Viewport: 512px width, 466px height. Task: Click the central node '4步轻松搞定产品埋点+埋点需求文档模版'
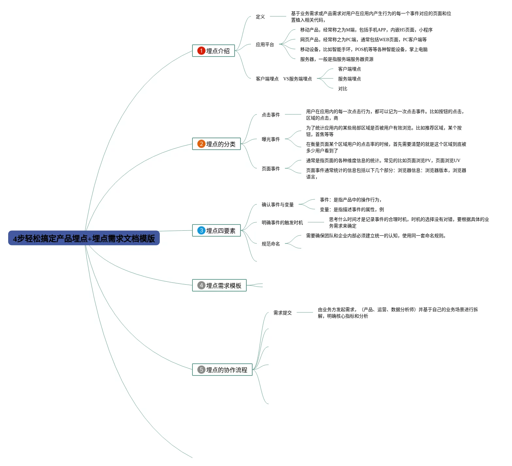[84, 238]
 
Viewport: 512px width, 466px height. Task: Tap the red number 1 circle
[201, 51]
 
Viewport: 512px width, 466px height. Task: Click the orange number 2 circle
[201, 144]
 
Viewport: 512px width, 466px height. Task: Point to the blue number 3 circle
[201, 230]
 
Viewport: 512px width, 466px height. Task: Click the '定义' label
[260, 17]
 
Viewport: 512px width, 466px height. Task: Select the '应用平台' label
[265, 44]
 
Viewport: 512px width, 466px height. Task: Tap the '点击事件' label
[271, 115]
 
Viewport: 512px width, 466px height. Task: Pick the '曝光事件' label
[271, 139]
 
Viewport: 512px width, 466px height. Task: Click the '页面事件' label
[271, 169]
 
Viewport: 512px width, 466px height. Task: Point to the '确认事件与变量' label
[278, 205]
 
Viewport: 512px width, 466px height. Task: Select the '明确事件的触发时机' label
[282, 223]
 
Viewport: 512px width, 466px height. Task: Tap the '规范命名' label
[271, 244]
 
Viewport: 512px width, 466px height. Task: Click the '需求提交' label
[283, 313]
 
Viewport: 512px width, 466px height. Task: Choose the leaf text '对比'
[343, 89]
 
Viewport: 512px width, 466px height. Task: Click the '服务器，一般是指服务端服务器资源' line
[337, 59]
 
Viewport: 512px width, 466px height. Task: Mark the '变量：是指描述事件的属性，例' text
[352, 209]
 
